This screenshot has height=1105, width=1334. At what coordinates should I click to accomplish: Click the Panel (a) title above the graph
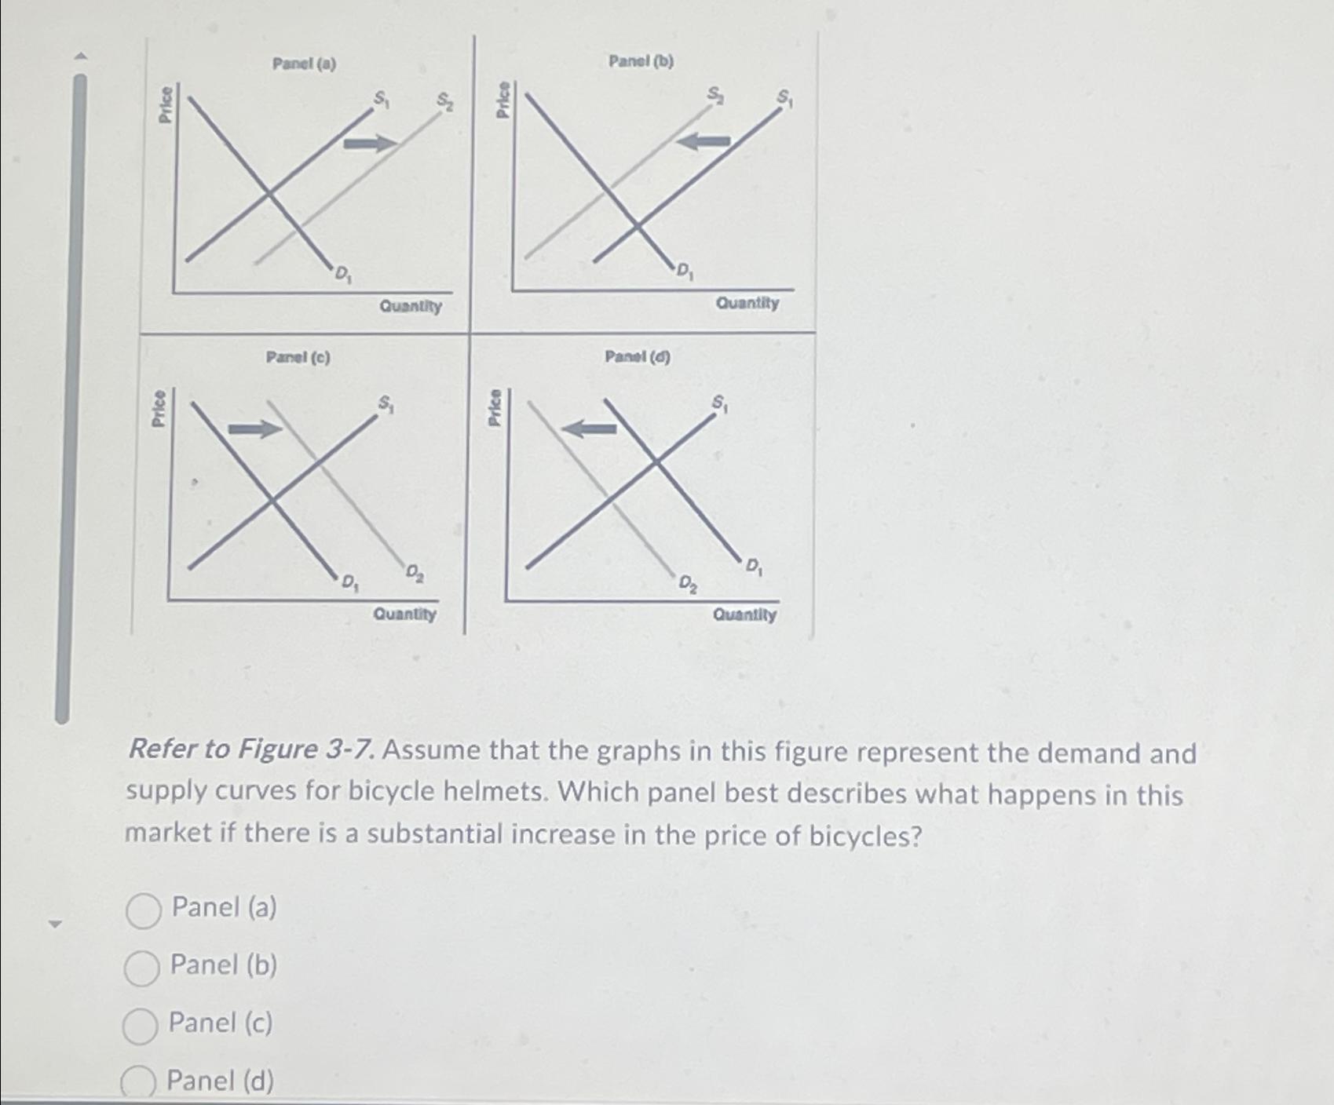pyautogui.click(x=304, y=64)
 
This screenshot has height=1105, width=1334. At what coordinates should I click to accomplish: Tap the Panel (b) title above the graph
pyautogui.click(x=641, y=60)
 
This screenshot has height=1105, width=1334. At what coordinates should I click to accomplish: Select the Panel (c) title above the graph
pyautogui.click(x=298, y=358)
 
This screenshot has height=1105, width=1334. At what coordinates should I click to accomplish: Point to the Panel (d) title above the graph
pyautogui.click(x=637, y=356)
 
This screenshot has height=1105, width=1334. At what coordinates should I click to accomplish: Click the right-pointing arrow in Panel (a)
pyautogui.click(x=371, y=143)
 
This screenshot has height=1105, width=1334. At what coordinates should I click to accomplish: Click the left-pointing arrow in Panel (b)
pyautogui.click(x=704, y=141)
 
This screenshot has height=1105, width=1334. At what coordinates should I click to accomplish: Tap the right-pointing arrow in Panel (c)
pyautogui.click(x=254, y=429)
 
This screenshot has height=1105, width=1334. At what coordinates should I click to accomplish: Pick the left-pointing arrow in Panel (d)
pyautogui.click(x=590, y=429)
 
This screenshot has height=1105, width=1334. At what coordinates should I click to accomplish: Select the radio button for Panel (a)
pyautogui.click(x=144, y=910)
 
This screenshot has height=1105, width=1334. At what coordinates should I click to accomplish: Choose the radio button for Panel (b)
pyautogui.click(x=142, y=968)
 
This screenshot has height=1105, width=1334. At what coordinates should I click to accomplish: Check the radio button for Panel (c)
pyautogui.click(x=140, y=1026)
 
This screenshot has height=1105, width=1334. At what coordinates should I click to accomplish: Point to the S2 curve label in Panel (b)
pyautogui.click(x=715, y=94)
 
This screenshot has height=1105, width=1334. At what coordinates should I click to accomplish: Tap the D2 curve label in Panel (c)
pyautogui.click(x=415, y=574)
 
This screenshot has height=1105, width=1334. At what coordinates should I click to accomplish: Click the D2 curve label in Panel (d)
pyautogui.click(x=687, y=583)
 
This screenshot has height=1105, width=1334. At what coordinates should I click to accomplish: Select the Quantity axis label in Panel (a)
pyautogui.click(x=411, y=306)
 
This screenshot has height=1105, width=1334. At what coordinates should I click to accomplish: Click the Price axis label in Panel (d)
pyautogui.click(x=495, y=408)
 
